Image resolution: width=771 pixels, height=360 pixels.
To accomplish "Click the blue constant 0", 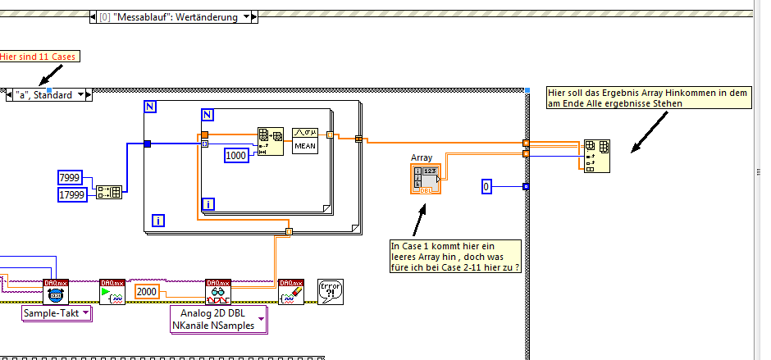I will pyautogui.click(x=486, y=188).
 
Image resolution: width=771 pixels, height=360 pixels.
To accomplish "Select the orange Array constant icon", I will pyautogui.click(x=424, y=178).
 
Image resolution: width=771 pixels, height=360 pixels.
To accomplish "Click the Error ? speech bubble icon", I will pyautogui.click(x=330, y=291).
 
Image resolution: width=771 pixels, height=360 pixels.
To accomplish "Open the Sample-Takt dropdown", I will pyautogui.click(x=56, y=312).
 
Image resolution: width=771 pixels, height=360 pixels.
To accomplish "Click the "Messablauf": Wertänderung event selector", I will pyautogui.click(x=173, y=16).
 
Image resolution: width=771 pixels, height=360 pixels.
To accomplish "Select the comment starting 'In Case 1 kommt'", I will pyautogui.click(x=456, y=256).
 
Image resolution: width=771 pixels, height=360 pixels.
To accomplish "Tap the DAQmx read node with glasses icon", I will pyautogui.click(x=218, y=291).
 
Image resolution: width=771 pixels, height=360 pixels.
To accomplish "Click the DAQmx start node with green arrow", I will pyautogui.click(x=112, y=291).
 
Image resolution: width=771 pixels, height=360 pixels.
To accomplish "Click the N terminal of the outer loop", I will pyautogui.click(x=150, y=107).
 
